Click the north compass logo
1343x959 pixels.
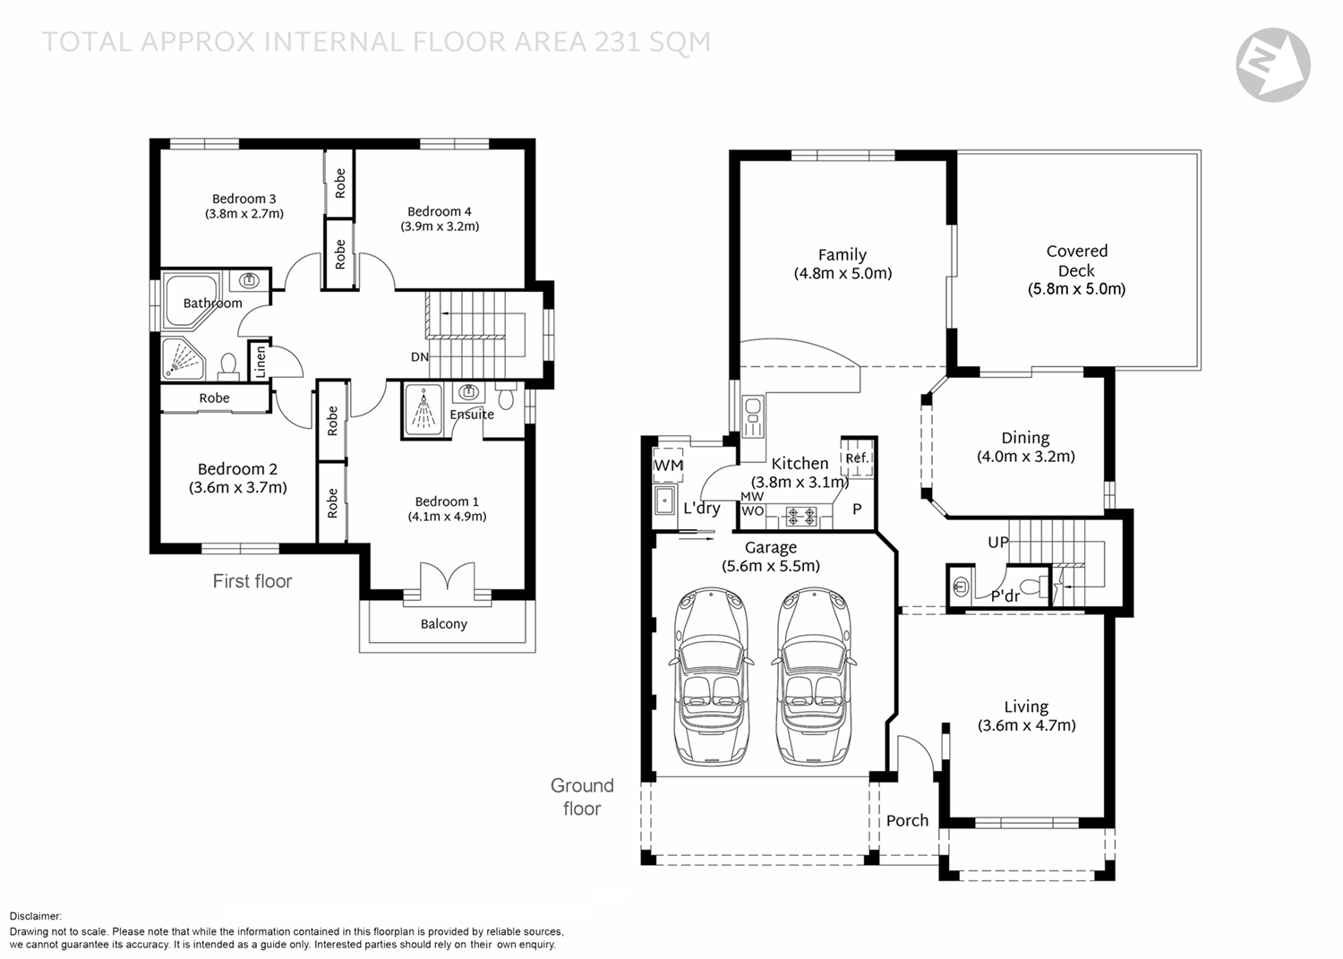1273,64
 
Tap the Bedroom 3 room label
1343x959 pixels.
244,199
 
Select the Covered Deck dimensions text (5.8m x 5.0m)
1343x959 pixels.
1076,289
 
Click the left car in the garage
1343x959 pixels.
711,676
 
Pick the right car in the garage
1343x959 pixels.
814,676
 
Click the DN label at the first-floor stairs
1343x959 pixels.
420,357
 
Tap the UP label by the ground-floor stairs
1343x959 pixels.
998,542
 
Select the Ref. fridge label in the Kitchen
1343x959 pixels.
857,458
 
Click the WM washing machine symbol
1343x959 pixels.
668,466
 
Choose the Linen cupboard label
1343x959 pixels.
260,362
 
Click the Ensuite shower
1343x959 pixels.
423,409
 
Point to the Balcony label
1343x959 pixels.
444,624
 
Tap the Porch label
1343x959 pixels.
907,820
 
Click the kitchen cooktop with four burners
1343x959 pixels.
801,516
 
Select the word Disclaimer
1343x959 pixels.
36,916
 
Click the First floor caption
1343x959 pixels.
252,580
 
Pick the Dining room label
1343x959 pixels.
1025,438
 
